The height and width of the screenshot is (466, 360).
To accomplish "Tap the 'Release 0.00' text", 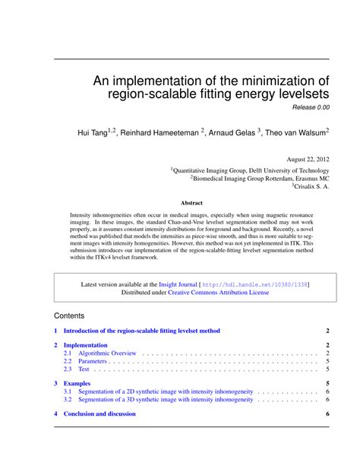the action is click(x=308, y=109).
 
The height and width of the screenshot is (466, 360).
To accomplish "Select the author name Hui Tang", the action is click(x=94, y=132).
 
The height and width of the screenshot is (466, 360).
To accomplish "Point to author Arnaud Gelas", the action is click(x=232, y=132).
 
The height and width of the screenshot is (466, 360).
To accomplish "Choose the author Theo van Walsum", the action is click(x=297, y=132).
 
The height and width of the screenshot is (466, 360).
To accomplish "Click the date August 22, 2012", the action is click(x=306, y=160).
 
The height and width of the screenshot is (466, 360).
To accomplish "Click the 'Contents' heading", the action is click(x=69, y=315).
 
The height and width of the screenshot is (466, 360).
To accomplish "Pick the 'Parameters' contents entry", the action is click(x=93, y=361).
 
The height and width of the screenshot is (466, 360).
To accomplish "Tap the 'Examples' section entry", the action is click(x=77, y=384).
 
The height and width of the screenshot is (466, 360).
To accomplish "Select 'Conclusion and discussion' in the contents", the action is click(x=99, y=414).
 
